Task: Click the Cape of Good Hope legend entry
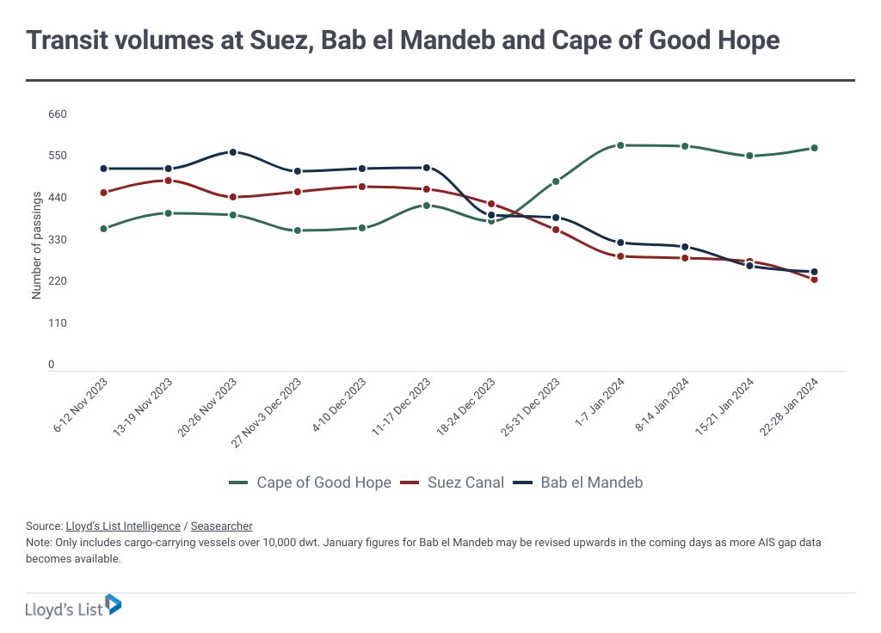[x=323, y=482]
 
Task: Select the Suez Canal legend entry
[x=465, y=482]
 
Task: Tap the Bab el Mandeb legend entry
[x=591, y=482]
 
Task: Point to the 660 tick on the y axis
[x=57, y=114]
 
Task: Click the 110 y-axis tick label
[x=57, y=323]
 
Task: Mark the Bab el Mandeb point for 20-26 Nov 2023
[x=232, y=152]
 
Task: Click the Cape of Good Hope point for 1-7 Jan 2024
[x=620, y=145]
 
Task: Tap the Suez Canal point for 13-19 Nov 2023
[x=169, y=181]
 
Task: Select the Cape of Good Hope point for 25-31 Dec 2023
[x=556, y=181]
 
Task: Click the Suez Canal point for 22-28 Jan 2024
[x=814, y=280]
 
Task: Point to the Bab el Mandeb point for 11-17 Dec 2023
[x=427, y=168]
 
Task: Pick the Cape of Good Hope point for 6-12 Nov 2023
[x=103, y=229]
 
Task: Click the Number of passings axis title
[x=36, y=244]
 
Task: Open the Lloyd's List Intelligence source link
[x=123, y=525]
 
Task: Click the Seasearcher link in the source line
[x=221, y=525]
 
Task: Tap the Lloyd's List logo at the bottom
[x=73, y=606]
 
